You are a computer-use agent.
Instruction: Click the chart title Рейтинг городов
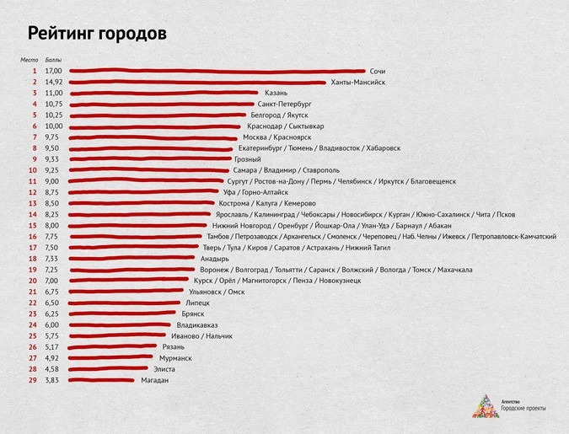(97, 34)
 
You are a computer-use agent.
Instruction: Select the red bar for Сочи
(215, 72)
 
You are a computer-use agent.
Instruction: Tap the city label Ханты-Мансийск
(358, 83)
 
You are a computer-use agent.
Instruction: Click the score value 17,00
(54, 72)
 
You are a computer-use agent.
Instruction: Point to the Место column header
(30, 61)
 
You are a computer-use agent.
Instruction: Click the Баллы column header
(53, 61)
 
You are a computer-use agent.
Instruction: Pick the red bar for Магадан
(100, 380)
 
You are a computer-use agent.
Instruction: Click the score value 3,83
(52, 380)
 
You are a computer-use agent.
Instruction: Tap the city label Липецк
(197, 303)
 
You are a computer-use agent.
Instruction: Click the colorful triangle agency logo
(485, 406)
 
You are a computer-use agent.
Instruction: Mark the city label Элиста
(164, 369)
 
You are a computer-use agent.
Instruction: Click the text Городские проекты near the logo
(523, 409)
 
